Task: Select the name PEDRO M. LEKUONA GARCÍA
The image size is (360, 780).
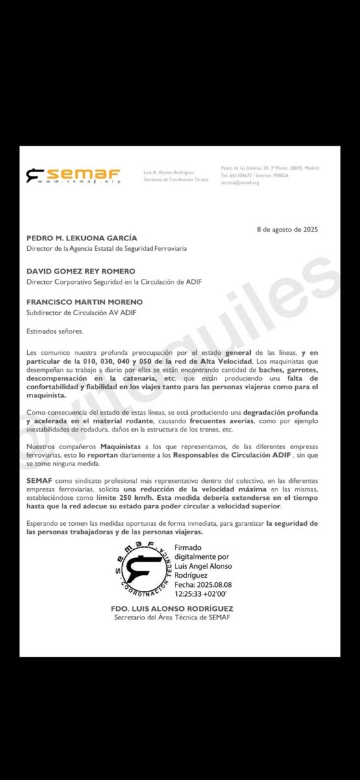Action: pyautogui.click(x=82, y=239)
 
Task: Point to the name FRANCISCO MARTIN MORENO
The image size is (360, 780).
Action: pyautogui.click(x=84, y=303)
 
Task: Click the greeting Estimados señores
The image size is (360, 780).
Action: pyautogui.click(x=55, y=331)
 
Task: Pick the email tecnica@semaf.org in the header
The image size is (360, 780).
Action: pyautogui.click(x=239, y=183)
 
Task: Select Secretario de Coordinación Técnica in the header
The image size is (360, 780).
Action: pyautogui.click(x=175, y=179)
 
